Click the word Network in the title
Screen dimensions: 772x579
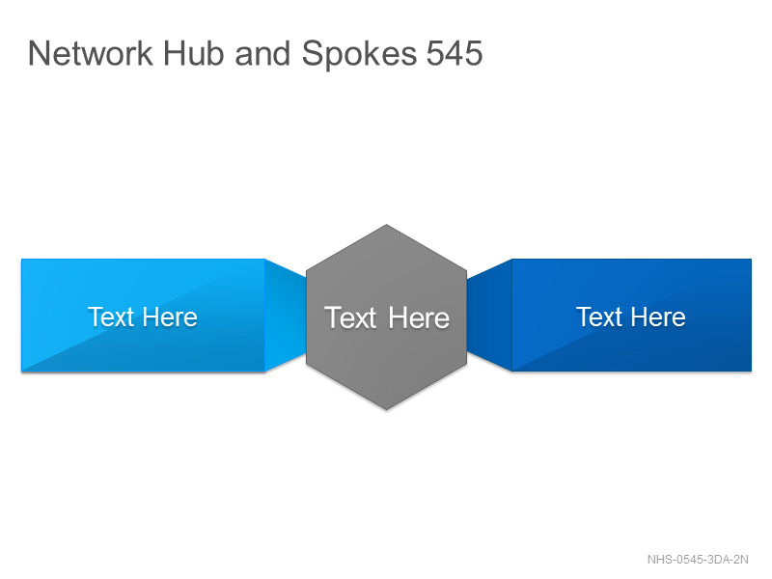[91, 53]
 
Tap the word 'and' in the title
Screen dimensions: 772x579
[262, 53]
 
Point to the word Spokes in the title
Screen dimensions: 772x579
[359, 55]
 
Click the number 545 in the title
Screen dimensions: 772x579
[455, 53]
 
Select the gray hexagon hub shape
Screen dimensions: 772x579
[387, 317]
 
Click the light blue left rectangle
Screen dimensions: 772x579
[143, 316]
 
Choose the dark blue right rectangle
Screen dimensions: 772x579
[632, 316]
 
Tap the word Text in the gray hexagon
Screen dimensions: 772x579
[350, 317]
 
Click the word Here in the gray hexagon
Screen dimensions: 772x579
[419, 317]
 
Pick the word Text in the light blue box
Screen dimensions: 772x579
[111, 317]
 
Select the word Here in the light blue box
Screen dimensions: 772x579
[171, 317]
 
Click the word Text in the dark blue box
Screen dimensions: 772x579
[599, 317]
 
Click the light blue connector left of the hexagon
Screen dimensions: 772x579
[286, 316]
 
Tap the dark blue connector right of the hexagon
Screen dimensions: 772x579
[489, 316]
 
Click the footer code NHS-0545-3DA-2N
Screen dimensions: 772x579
[698, 560]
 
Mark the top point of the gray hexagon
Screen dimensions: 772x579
[387, 225]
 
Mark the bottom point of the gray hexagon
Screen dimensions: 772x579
[387, 409]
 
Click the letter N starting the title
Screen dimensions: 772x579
[38, 53]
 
